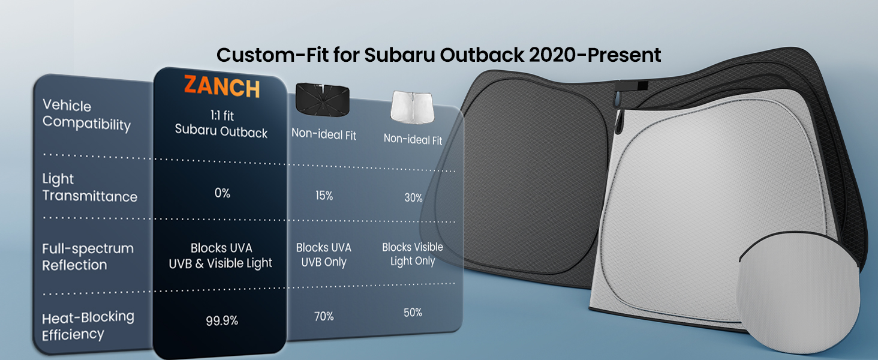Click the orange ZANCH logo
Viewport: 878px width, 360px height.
tap(222, 86)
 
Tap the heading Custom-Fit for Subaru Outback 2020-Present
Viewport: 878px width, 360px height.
tap(438, 55)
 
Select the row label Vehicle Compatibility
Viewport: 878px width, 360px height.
tap(86, 115)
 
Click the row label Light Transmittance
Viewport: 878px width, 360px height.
tap(90, 187)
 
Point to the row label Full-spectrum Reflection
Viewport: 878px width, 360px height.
tap(88, 256)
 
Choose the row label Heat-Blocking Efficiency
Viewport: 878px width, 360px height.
tap(88, 325)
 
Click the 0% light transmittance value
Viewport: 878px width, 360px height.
tap(222, 193)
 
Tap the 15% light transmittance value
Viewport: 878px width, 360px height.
tap(324, 195)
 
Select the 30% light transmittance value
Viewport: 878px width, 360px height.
tap(414, 197)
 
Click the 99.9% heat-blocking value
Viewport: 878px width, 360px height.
tap(222, 321)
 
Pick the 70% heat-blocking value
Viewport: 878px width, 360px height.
tap(324, 316)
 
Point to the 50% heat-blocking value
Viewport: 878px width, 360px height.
tap(413, 313)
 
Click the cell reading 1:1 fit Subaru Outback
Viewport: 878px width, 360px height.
tap(221, 124)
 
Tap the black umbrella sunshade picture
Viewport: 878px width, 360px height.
tap(323, 100)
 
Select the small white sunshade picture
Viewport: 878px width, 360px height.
tap(413, 107)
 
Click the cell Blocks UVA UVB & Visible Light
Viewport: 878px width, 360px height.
tap(221, 256)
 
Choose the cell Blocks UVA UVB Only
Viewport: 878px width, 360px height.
tap(324, 254)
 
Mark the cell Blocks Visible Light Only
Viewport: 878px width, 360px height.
tap(413, 254)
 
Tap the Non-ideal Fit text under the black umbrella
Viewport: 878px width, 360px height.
tap(324, 134)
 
